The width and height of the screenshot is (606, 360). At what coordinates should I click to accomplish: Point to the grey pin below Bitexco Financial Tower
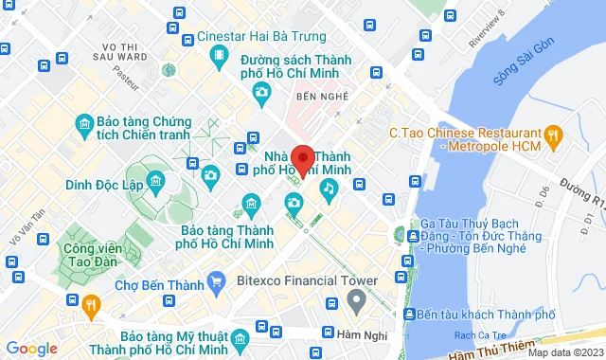[x=356, y=302]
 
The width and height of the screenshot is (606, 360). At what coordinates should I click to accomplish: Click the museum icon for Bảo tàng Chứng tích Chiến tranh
[x=82, y=123]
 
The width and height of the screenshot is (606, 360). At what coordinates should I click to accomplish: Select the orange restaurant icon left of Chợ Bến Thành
[x=91, y=304]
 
